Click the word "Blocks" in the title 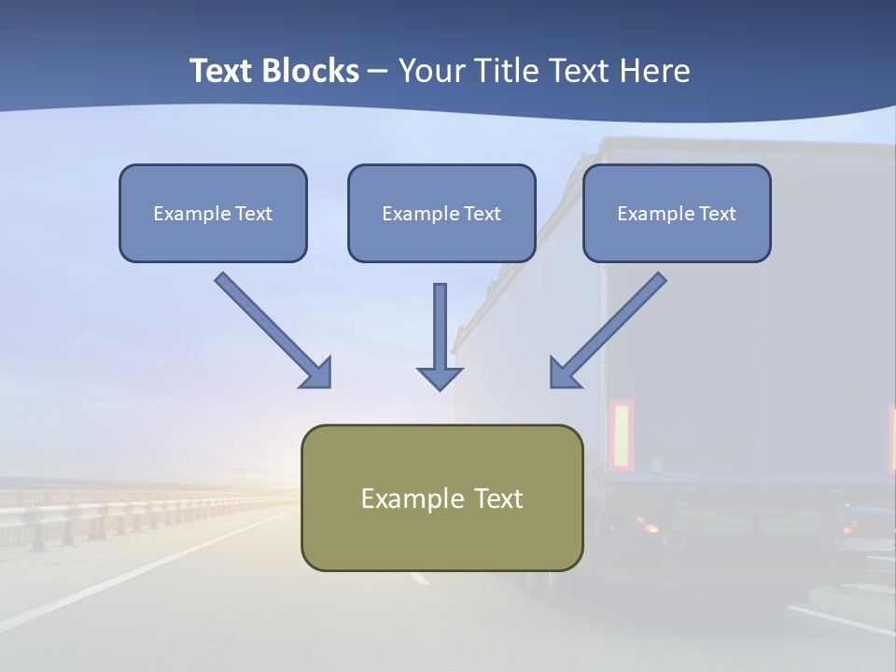[x=312, y=71]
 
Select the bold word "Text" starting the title [x=222, y=71]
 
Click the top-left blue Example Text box [x=213, y=213]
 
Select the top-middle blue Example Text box [x=441, y=213]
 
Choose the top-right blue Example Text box [x=677, y=213]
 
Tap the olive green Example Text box [x=441, y=497]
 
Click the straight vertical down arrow [x=440, y=331]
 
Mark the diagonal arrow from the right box [x=612, y=327]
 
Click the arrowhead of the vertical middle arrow [x=440, y=377]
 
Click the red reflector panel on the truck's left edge [x=621, y=435]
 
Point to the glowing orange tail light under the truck [x=648, y=527]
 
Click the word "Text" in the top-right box [x=718, y=214]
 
